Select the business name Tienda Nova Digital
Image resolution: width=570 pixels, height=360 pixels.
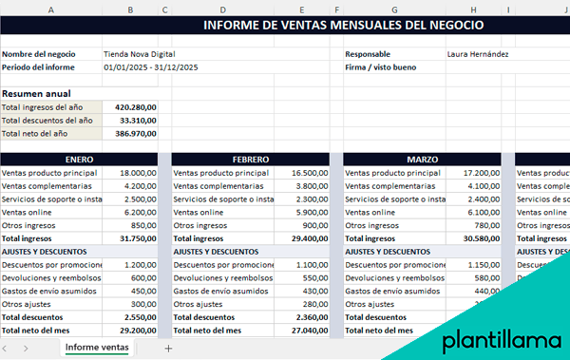(141, 54)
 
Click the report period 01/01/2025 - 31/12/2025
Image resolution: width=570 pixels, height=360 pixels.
(151, 67)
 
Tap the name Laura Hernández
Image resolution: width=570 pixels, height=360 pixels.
(478, 54)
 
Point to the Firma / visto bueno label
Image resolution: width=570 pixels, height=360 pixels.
(381, 67)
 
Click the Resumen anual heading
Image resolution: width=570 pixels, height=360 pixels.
(36, 94)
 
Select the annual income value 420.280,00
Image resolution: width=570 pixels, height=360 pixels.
(135, 107)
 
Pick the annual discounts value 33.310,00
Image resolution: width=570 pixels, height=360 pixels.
(138, 121)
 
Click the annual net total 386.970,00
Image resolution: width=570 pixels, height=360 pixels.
(135, 134)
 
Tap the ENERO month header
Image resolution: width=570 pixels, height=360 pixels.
(79, 160)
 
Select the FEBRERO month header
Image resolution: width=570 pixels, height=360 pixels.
(251, 160)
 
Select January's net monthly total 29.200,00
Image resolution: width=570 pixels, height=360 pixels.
(138, 330)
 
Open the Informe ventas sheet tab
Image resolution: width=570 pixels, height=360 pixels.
(97, 349)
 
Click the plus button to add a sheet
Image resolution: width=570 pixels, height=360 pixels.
(169, 349)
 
